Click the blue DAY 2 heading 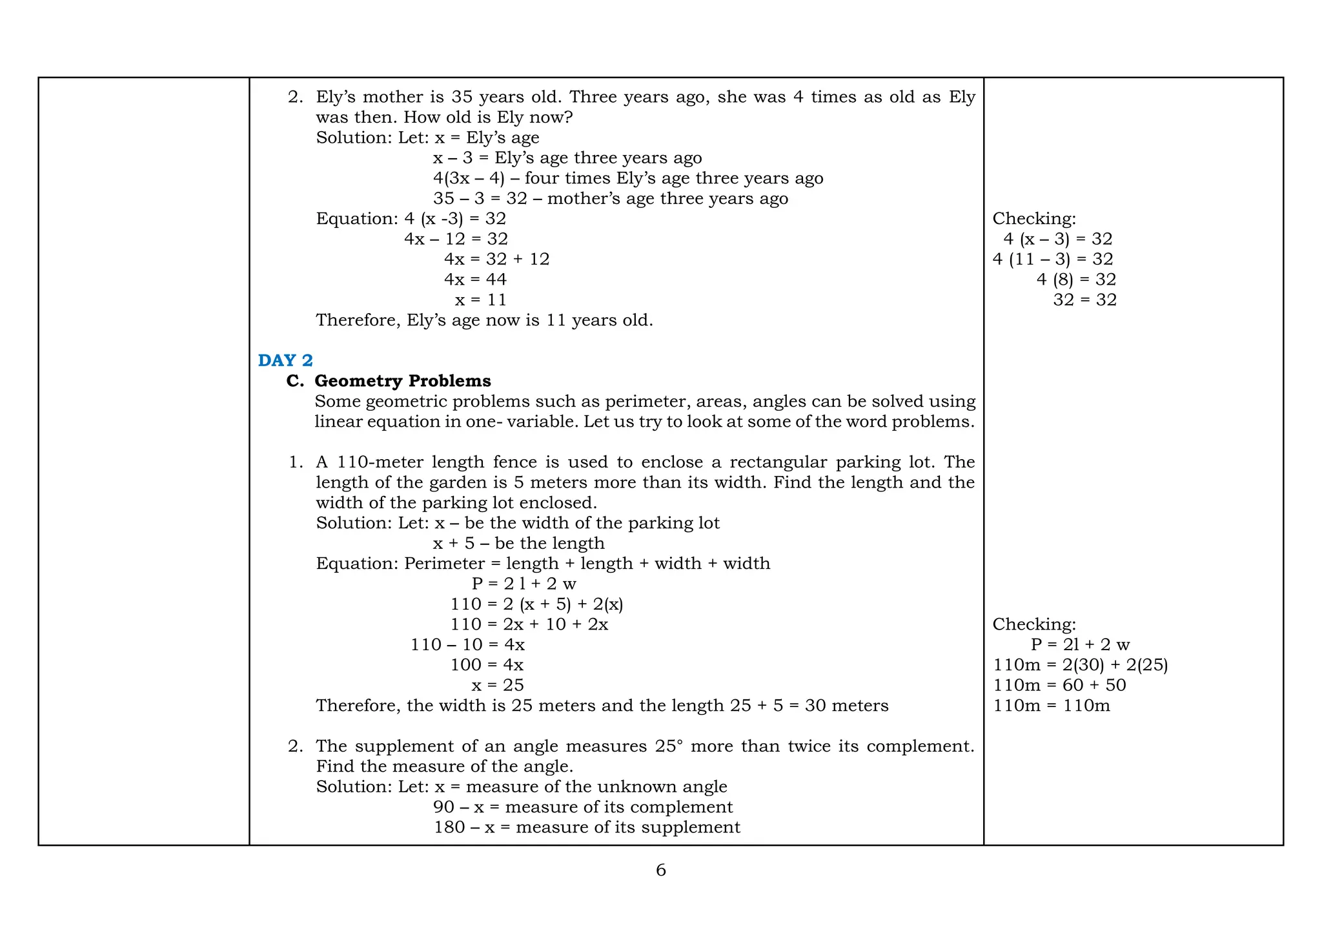coord(285,360)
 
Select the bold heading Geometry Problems coord(402,381)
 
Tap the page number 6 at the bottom coord(660,870)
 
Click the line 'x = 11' coord(480,300)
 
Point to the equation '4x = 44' coord(475,280)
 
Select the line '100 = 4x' coord(487,664)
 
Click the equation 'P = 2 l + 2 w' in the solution coord(524,584)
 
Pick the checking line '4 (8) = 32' coord(1076,280)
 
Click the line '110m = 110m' coord(1052,706)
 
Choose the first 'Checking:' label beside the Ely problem coord(1034,219)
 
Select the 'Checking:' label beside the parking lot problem coord(1034,624)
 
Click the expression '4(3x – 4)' coord(469,178)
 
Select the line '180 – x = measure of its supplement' coord(587,827)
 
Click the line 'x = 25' coord(497,685)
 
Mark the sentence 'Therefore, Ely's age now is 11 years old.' coord(484,320)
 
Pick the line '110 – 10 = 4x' coord(467,644)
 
